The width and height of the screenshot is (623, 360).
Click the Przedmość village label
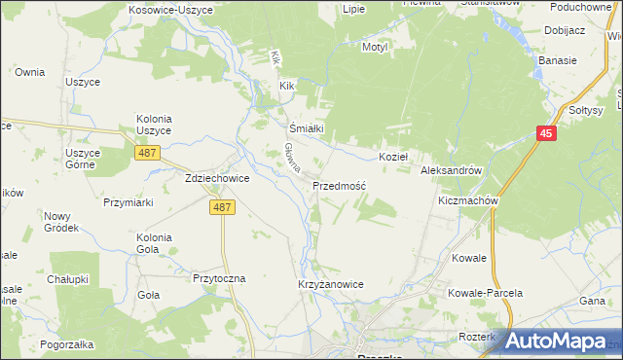pos(339,185)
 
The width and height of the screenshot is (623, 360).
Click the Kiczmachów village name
pos(468,201)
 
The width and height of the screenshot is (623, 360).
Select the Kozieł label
pos(392,156)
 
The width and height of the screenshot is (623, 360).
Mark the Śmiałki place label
pos(300,127)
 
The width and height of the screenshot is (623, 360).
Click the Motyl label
pos(375,47)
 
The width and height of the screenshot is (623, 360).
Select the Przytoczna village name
pos(219,277)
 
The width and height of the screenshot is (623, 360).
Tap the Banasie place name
pos(558,60)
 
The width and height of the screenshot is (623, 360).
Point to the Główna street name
pos(291,160)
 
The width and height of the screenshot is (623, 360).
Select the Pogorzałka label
pos(67,344)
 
